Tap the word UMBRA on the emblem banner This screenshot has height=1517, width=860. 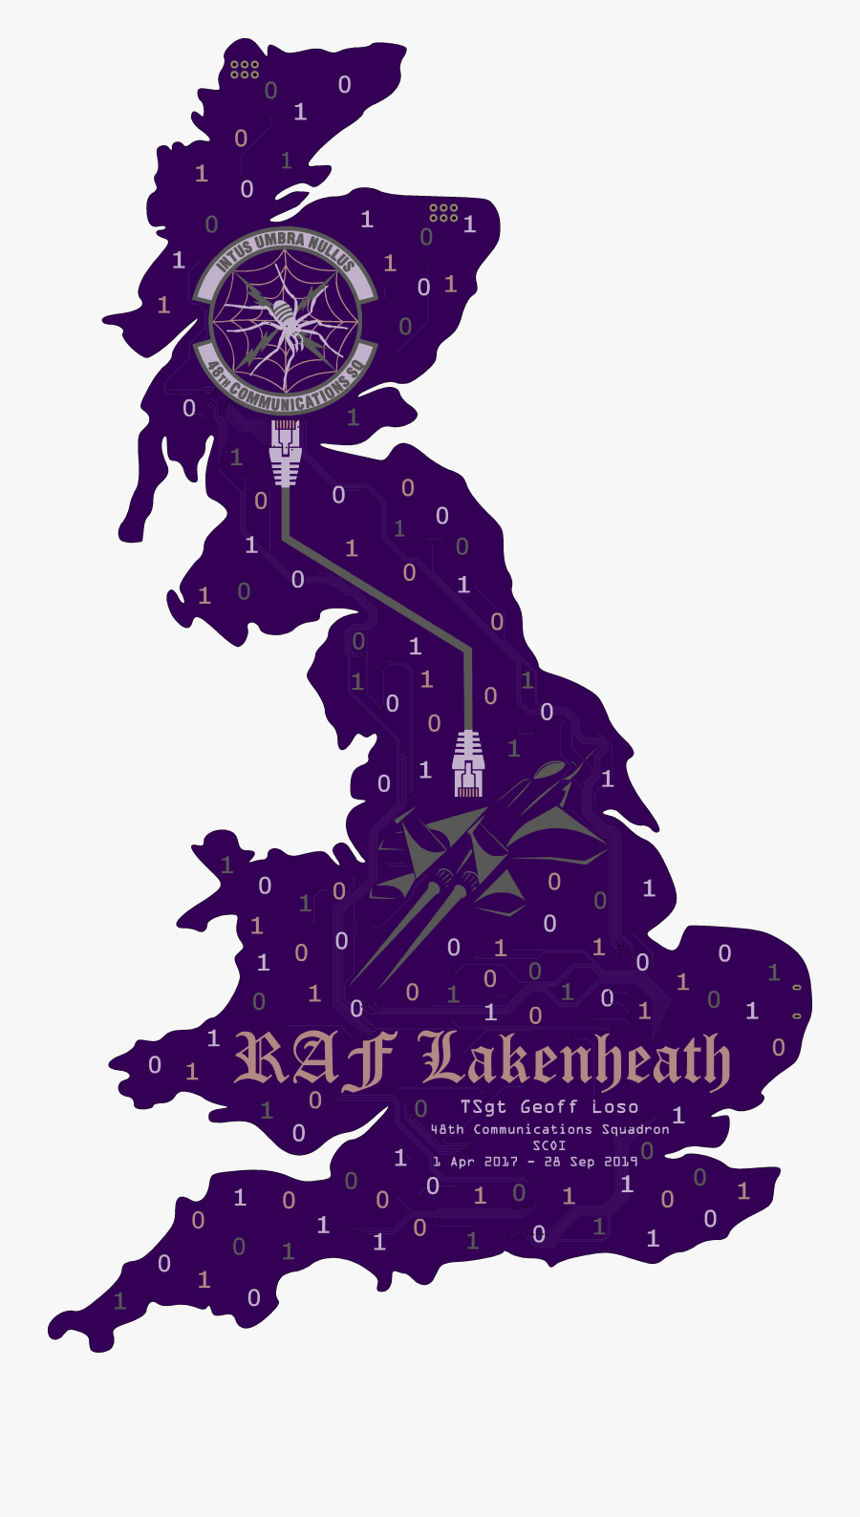pos(279,242)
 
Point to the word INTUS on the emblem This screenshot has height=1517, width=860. pos(234,257)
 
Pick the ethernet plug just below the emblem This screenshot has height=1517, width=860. pos(285,454)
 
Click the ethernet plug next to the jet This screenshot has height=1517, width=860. pos(467,763)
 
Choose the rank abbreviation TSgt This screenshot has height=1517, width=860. pos(484,1107)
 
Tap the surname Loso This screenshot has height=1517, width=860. pos(614,1107)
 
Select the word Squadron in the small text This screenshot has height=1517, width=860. pos(634,1129)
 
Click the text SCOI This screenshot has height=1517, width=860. pos(549,1145)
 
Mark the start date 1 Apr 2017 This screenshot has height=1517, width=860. pos(475,1162)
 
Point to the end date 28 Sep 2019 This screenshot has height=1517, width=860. pos(590,1162)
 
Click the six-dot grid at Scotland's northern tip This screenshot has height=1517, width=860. pos(245,69)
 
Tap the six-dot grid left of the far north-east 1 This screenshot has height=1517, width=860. pos(443,212)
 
